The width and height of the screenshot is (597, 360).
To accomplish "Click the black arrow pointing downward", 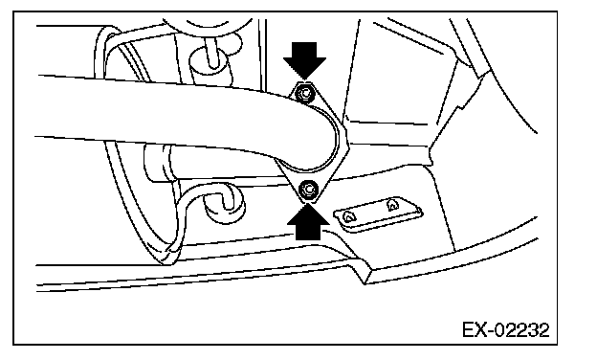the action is pyautogui.click(x=304, y=59).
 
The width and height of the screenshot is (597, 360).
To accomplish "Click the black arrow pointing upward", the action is pyautogui.click(x=308, y=223).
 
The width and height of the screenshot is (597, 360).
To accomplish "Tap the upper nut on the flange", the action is pyautogui.click(x=304, y=93).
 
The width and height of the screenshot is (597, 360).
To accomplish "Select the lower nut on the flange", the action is pyautogui.click(x=309, y=189).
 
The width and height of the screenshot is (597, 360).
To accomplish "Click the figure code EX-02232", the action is pyautogui.click(x=506, y=330).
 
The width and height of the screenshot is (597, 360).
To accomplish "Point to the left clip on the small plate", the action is pyautogui.click(x=347, y=216).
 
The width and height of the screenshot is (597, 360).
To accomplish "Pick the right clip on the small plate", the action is pyautogui.click(x=392, y=205).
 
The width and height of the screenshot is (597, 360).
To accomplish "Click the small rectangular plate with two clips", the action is pyautogui.click(x=379, y=214).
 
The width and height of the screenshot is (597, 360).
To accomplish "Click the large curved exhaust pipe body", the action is pyautogui.click(x=183, y=114).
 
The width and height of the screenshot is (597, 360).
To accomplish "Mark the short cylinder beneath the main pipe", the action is pyautogui.click(x=160, y=163).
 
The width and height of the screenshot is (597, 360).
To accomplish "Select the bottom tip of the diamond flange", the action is pyautogui.click(x=309, y=203).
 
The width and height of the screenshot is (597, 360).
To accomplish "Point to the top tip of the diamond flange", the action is pyautogui.click(x=303, y=80).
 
